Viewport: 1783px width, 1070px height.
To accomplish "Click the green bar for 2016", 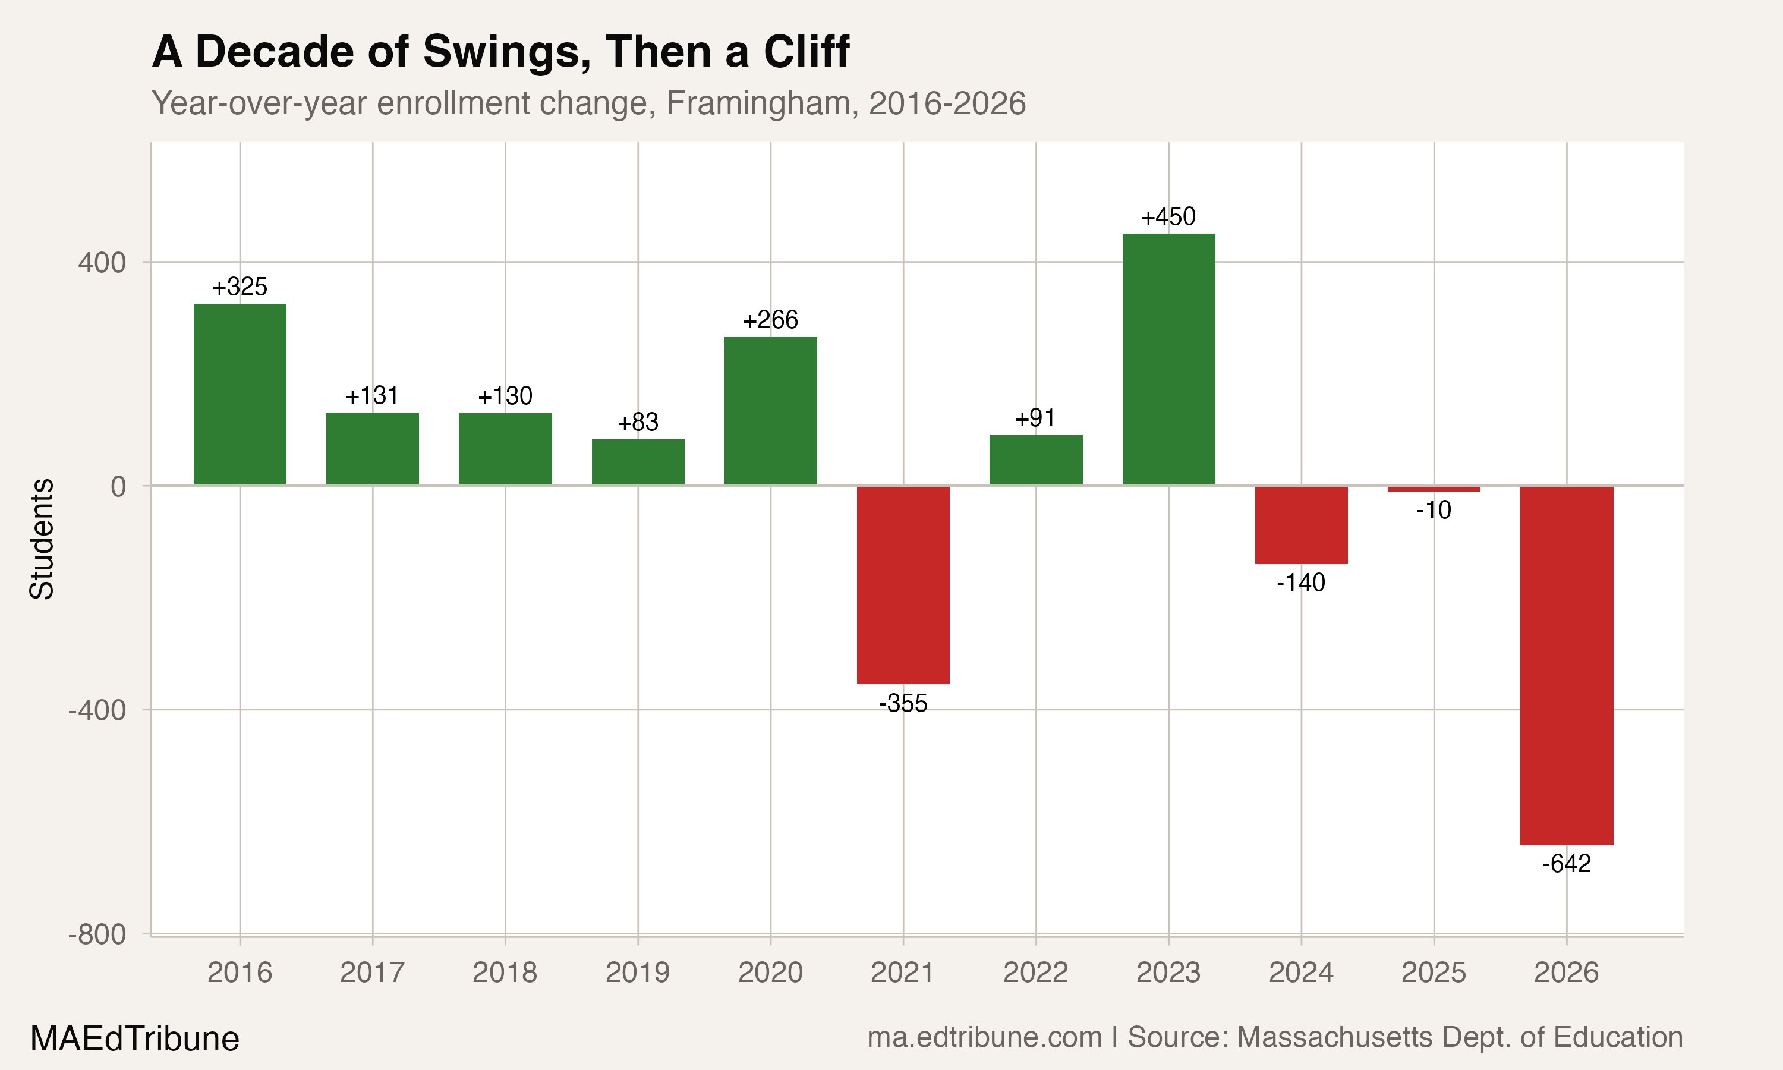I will (240, 394).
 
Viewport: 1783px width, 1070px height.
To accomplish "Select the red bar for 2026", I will (1566, 665).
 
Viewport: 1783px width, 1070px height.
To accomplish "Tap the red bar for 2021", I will (903, 585).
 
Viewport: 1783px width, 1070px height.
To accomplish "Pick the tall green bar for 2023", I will (1168, 359).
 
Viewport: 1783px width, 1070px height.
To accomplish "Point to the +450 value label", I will (1168, 216).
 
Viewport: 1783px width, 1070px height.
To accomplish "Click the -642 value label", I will (1566, 863).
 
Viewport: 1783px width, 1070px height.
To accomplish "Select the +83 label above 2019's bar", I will (638, 422).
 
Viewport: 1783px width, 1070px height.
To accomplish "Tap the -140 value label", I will (1300, 582).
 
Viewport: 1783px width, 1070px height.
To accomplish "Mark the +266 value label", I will (770, 319).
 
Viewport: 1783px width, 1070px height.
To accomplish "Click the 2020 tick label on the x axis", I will (770, 973).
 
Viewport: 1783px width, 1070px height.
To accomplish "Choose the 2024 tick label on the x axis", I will (1301, 973).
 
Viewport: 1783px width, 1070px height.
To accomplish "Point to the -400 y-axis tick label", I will (97, 710).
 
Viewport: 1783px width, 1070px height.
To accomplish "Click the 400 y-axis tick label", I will (102, 263).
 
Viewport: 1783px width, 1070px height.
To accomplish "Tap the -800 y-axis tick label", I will (97, 934).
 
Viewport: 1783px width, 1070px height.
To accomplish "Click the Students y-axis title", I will (42, 539).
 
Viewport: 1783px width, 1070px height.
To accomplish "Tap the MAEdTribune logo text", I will (135, 1039).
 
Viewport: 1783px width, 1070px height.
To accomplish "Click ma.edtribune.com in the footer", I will (984, 1037).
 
